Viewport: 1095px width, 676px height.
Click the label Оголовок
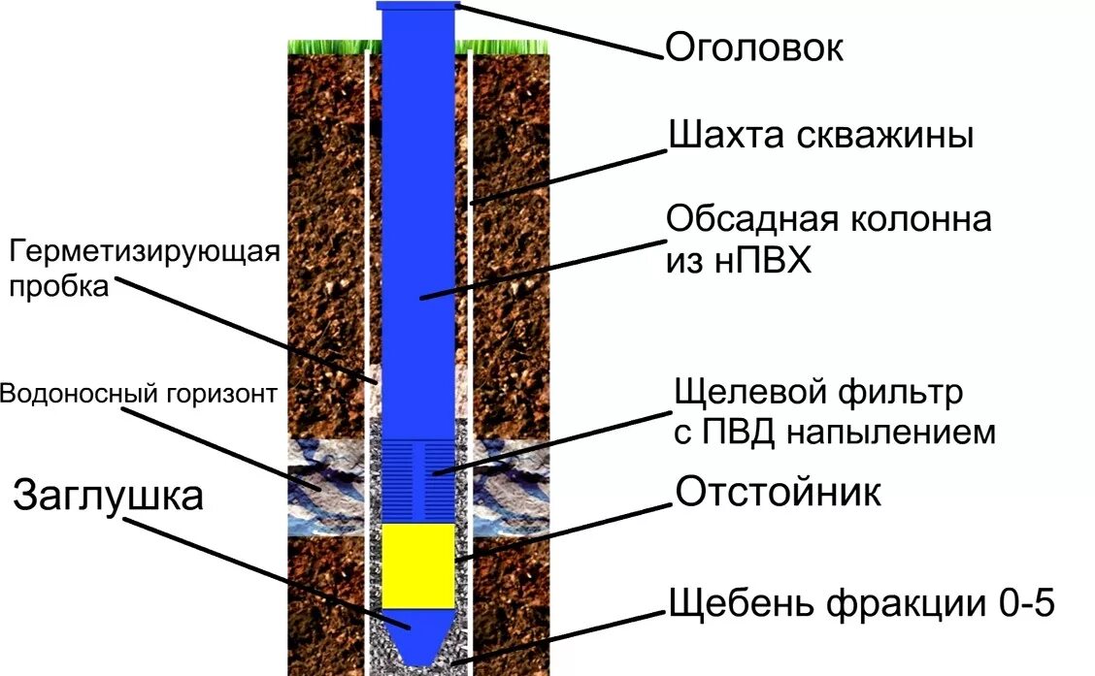[753, 48]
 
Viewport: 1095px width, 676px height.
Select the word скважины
[893, 136]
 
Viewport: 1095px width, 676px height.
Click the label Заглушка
[109, 496]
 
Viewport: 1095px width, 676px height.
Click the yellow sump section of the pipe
[417, 565]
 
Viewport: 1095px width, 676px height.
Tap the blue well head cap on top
[417, 7]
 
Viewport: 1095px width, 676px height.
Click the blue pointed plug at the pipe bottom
[417, 635]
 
